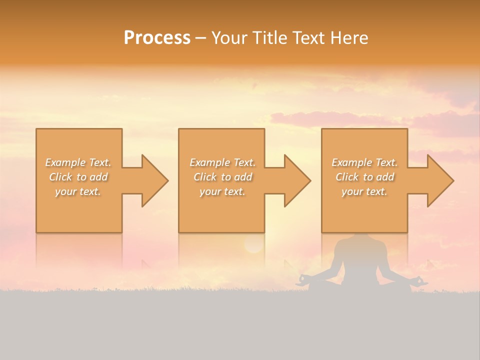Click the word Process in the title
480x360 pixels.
(157, 38)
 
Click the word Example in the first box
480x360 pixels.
(65, 162)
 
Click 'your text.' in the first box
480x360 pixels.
(78, 191)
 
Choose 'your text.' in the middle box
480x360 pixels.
(222, 191)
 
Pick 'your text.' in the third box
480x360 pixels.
(364, 191)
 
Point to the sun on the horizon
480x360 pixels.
(253, 244)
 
